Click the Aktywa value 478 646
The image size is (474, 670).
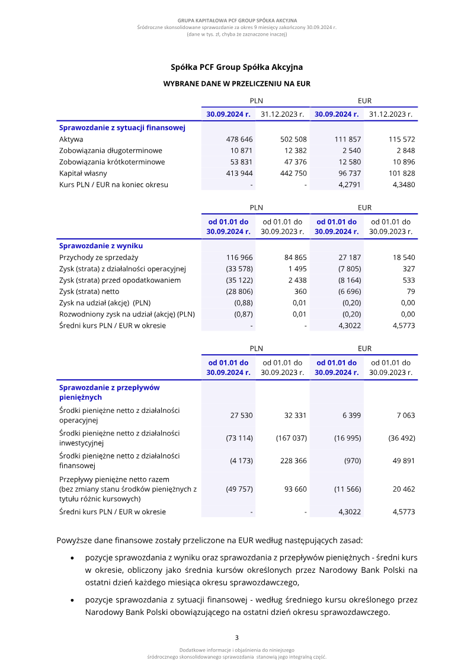click(x=240, y=139)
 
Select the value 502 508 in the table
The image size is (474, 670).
click(x=293, y=139)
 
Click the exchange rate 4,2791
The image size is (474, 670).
click(x=349, y=184)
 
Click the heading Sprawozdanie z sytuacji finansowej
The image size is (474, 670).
click(x=122, y=127)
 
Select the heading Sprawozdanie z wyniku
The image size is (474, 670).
click(x=101, y=245)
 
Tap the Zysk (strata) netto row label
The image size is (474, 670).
click(x=89, y=291)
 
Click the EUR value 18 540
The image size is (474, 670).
click(x=403, y=258)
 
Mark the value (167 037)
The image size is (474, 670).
click(x=291, y=438)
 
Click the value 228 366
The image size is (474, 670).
click(x=293, y=461)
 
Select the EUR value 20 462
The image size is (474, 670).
click(x=403, y=489)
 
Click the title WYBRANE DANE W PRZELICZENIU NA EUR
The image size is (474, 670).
click(x=236, y=84)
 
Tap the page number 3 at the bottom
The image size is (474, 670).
click(x=236, y=637)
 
